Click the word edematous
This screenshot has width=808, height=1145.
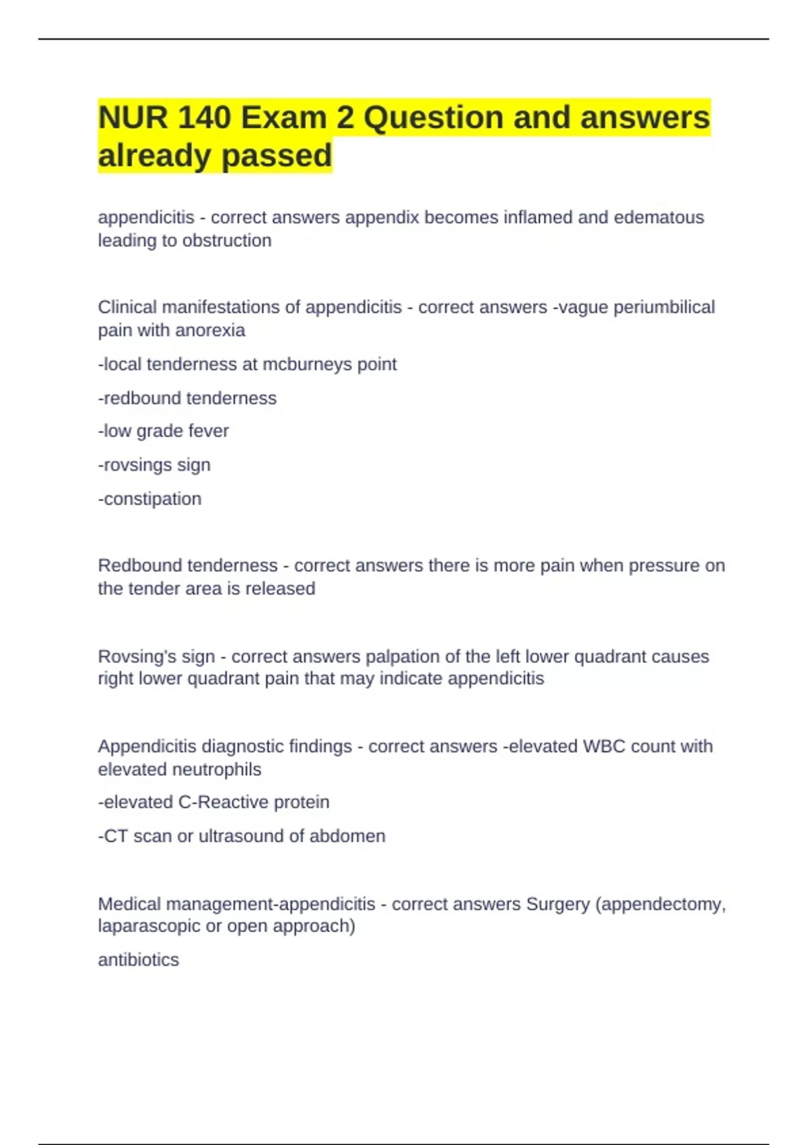click(659, 218)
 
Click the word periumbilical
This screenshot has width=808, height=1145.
click(664, 307)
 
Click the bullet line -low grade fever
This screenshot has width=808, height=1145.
click(164, 431)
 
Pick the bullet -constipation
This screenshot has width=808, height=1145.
click(150, 499)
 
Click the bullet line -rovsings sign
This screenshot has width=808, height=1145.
click(154, 465)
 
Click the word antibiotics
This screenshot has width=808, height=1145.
click(139, 960)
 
